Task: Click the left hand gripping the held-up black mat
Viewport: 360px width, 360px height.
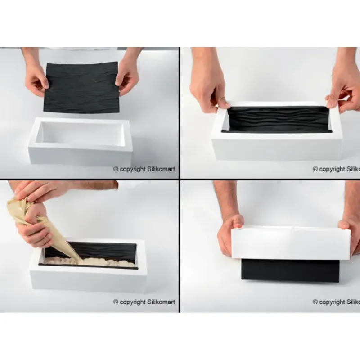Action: (x=36, y=79)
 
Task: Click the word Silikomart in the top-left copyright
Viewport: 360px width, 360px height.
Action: (x=160, y=169)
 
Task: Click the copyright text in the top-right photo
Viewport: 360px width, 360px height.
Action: (x=336, y=169)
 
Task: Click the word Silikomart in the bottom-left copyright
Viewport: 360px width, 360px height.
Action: (x=160, y=302)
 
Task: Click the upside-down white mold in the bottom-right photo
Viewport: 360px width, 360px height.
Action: (x=290, y=243)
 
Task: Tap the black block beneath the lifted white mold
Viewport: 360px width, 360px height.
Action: (x=290, y=271)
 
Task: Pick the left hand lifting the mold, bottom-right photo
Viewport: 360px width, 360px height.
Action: (x=229, y=234)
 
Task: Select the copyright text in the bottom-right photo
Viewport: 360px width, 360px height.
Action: (x=336, y=302)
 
